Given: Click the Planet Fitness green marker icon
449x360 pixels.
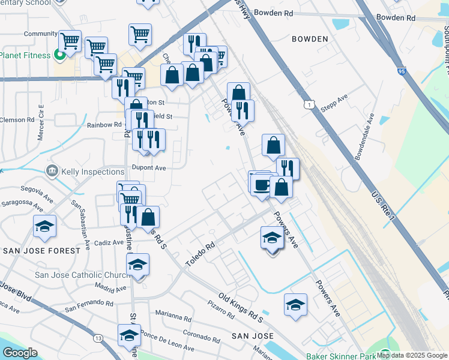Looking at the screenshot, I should point(59,56).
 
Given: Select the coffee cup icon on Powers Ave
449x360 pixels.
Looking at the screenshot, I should point(261,185).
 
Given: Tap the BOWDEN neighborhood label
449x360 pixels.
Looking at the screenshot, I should point(310,39).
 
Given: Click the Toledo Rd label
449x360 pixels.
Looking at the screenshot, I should point(200,254).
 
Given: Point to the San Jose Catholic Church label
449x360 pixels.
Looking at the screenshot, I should point(83,275).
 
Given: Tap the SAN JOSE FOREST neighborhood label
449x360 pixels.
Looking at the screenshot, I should point(41,250).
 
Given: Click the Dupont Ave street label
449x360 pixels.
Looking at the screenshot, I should point(149,169).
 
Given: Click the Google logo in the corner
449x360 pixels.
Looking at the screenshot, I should point(20,353).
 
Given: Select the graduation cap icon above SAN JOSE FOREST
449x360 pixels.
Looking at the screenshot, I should point(45,227).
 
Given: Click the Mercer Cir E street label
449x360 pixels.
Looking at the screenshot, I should point(41,122).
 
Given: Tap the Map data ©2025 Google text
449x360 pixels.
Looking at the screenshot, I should point(412,355).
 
